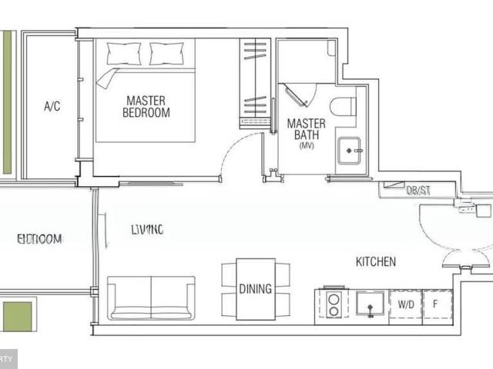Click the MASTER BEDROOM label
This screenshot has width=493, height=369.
(146, 106)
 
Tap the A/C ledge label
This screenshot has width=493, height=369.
(52, 106)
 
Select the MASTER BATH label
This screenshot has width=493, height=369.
(306, 129)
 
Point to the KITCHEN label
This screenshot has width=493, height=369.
(375, 262)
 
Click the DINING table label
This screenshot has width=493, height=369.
(255, 289)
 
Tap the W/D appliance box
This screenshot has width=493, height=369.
(405, 304)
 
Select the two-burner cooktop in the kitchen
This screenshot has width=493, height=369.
(333, 304)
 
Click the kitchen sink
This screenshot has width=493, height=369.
(371, 304)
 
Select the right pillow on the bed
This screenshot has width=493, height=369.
(166, 53)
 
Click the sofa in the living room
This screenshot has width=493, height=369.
(151, 298)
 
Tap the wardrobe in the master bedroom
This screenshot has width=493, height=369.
(254, 81)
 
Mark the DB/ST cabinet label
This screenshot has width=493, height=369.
(418, 191)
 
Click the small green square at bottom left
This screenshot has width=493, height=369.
(17, 317)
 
